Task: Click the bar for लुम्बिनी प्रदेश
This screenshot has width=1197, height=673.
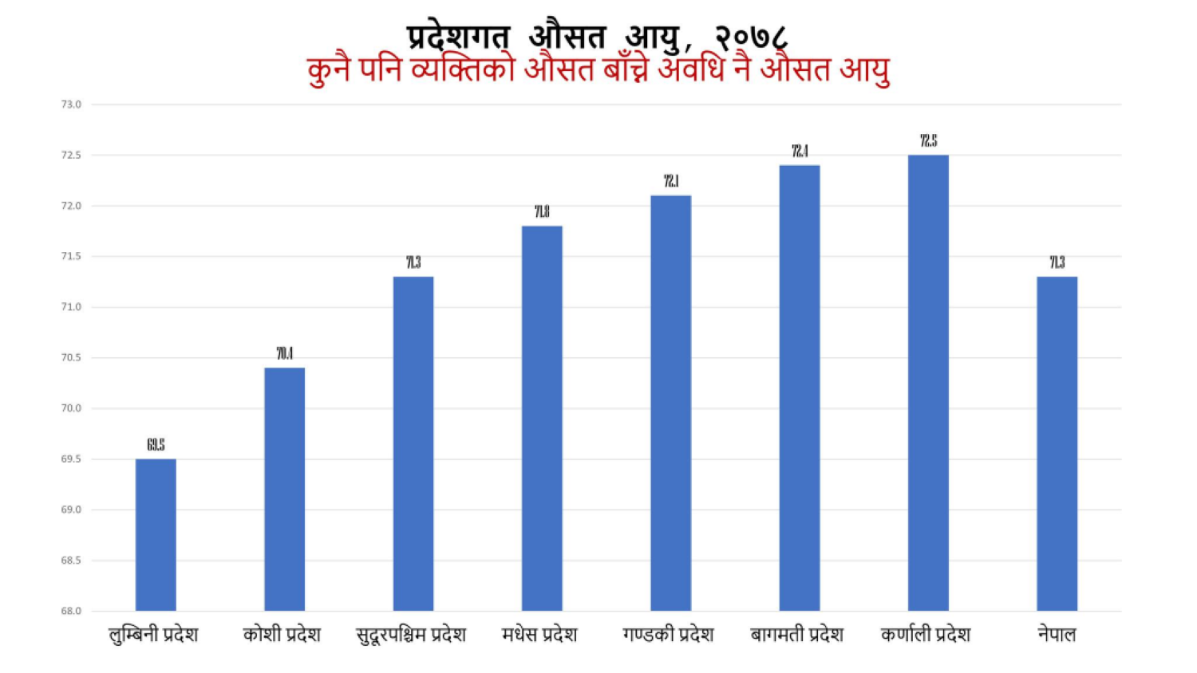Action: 156,535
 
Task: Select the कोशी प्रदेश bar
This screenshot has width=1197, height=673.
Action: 284,490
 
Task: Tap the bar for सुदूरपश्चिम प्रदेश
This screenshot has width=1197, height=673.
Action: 413,444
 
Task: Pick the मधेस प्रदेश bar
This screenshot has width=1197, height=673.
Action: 542,419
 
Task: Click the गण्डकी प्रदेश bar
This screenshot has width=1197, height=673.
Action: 670,403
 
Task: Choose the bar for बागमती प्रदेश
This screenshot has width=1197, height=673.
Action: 800,388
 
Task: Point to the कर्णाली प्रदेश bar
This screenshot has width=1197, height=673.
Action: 928,383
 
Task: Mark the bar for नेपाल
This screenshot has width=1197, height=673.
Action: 1057,444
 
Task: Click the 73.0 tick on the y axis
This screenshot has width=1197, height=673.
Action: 71,104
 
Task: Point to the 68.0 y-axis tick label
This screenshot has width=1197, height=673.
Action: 71,612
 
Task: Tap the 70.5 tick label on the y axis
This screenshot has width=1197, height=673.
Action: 71,358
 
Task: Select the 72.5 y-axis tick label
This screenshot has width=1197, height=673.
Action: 71,155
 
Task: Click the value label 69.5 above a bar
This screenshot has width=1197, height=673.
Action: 156,445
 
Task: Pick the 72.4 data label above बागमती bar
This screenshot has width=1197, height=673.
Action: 800,152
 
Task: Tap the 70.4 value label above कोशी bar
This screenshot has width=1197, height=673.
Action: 284,354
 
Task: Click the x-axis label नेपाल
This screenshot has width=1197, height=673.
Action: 1057,635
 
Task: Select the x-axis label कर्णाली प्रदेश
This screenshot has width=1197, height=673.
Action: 926,635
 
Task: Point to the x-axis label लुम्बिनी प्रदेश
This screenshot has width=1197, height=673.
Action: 153,635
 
